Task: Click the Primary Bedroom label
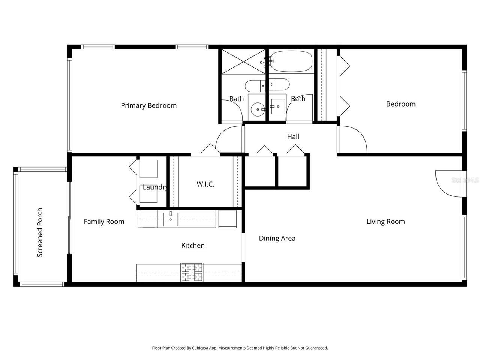[148, 105]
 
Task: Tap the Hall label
[293, 136]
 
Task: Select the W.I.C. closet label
[205, 184]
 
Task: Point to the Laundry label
[154, 187]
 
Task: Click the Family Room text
[104, 222]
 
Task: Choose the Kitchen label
[193, 245]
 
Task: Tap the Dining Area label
[277, 238]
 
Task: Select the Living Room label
[385, 222]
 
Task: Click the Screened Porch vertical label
[40, 232]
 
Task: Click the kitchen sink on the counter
[171, 219]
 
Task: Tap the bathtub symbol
[291, 61]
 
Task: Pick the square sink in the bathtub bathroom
[278, 106]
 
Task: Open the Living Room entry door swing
[448, 183]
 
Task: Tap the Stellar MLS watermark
[465, 180]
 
